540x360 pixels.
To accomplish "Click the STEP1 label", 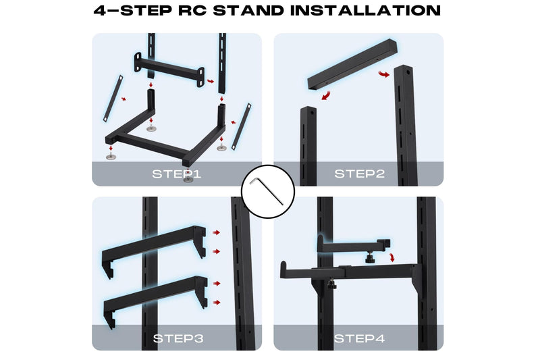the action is coord(176,174).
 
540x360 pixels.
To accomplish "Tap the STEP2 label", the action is coord(359,174).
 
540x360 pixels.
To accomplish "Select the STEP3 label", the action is coord(178,338).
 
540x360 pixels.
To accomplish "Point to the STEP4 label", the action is coord(359,338).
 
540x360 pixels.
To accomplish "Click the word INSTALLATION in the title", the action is coord(365,10).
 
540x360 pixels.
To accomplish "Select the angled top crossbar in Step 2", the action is coord(352,65).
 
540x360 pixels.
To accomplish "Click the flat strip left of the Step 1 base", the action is coord(113,98).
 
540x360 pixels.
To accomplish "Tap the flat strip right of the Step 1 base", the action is coord(241,126).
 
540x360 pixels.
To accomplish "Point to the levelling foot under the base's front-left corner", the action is coord(111,157).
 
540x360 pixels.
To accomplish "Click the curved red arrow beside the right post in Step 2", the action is coord(384,74).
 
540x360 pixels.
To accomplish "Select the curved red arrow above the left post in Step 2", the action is coord(326,95).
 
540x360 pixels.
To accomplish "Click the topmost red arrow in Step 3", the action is coord(216,232).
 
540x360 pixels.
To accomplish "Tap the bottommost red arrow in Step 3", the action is coord(217,303).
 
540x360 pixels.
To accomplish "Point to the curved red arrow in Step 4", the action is coord(392,257).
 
